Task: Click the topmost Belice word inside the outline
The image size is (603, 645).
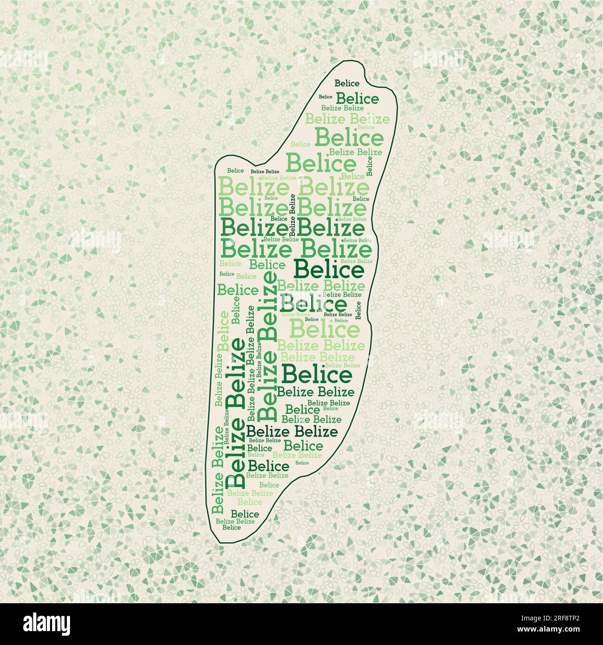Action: tap(347, 84)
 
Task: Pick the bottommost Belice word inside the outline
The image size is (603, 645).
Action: tap(231, 527)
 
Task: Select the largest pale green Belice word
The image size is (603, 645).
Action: tap(325, 330)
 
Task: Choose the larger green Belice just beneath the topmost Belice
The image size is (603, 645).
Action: tap(357, 99)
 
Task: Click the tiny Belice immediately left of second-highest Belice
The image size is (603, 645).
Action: tap(326, 97)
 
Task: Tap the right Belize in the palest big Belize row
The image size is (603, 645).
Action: tap(334, 187)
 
